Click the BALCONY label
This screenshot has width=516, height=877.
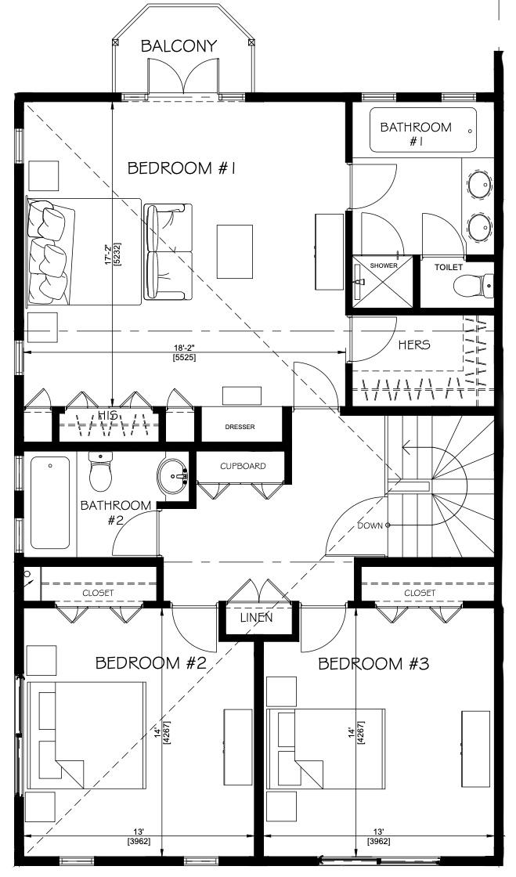pos(179,46)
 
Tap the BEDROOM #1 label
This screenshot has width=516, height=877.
pos(181,168)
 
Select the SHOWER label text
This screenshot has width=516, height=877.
pos(384,265)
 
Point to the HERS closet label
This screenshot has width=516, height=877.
pos(414,345)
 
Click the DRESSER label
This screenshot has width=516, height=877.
pos(240,427)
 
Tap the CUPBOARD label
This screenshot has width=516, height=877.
pos(243,466)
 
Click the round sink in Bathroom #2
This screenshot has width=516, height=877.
pos(172,477)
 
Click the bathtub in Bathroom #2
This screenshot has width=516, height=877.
pos(50,502)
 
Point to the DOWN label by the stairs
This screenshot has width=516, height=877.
pos(370,525)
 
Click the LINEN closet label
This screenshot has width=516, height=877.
pos(257,618)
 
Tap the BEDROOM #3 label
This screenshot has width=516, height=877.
pos(373,664)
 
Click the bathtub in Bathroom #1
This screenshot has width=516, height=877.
pos(423,130)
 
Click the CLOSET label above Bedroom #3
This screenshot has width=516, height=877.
pos(420,593)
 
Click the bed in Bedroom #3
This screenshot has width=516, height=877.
pos(326,749)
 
